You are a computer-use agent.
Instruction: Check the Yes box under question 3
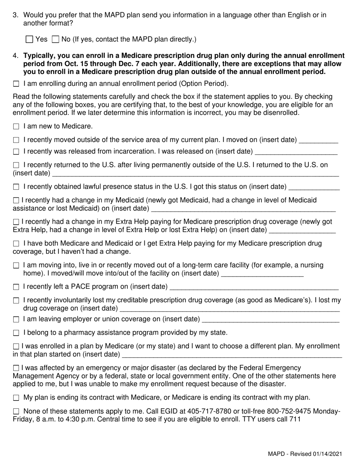[x=29, y=39]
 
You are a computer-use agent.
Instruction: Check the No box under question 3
[x=55, y=39]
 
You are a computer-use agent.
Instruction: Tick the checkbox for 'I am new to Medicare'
[x=16, y=127]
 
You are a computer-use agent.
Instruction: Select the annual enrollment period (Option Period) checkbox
[x=16, y=84]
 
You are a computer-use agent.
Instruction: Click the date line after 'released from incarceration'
[x=296, y=152]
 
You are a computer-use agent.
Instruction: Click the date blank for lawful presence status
[x=314, y=187]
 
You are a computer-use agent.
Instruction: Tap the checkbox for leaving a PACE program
[x=16, y=287]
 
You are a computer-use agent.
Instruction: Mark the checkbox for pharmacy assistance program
[x=16, y=333]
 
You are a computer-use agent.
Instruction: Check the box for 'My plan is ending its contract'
[x=16, y=398]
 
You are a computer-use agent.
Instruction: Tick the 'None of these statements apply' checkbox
[x=16, y=411]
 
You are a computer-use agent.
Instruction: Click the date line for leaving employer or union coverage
[x=271, y=320]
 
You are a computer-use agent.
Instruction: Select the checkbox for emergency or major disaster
[x=16, y=368]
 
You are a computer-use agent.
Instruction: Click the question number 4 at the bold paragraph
[x=16, y=56]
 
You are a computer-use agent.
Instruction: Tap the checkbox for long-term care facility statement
[x=16, y=266]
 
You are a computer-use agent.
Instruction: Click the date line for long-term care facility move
[x=262, y=274]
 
